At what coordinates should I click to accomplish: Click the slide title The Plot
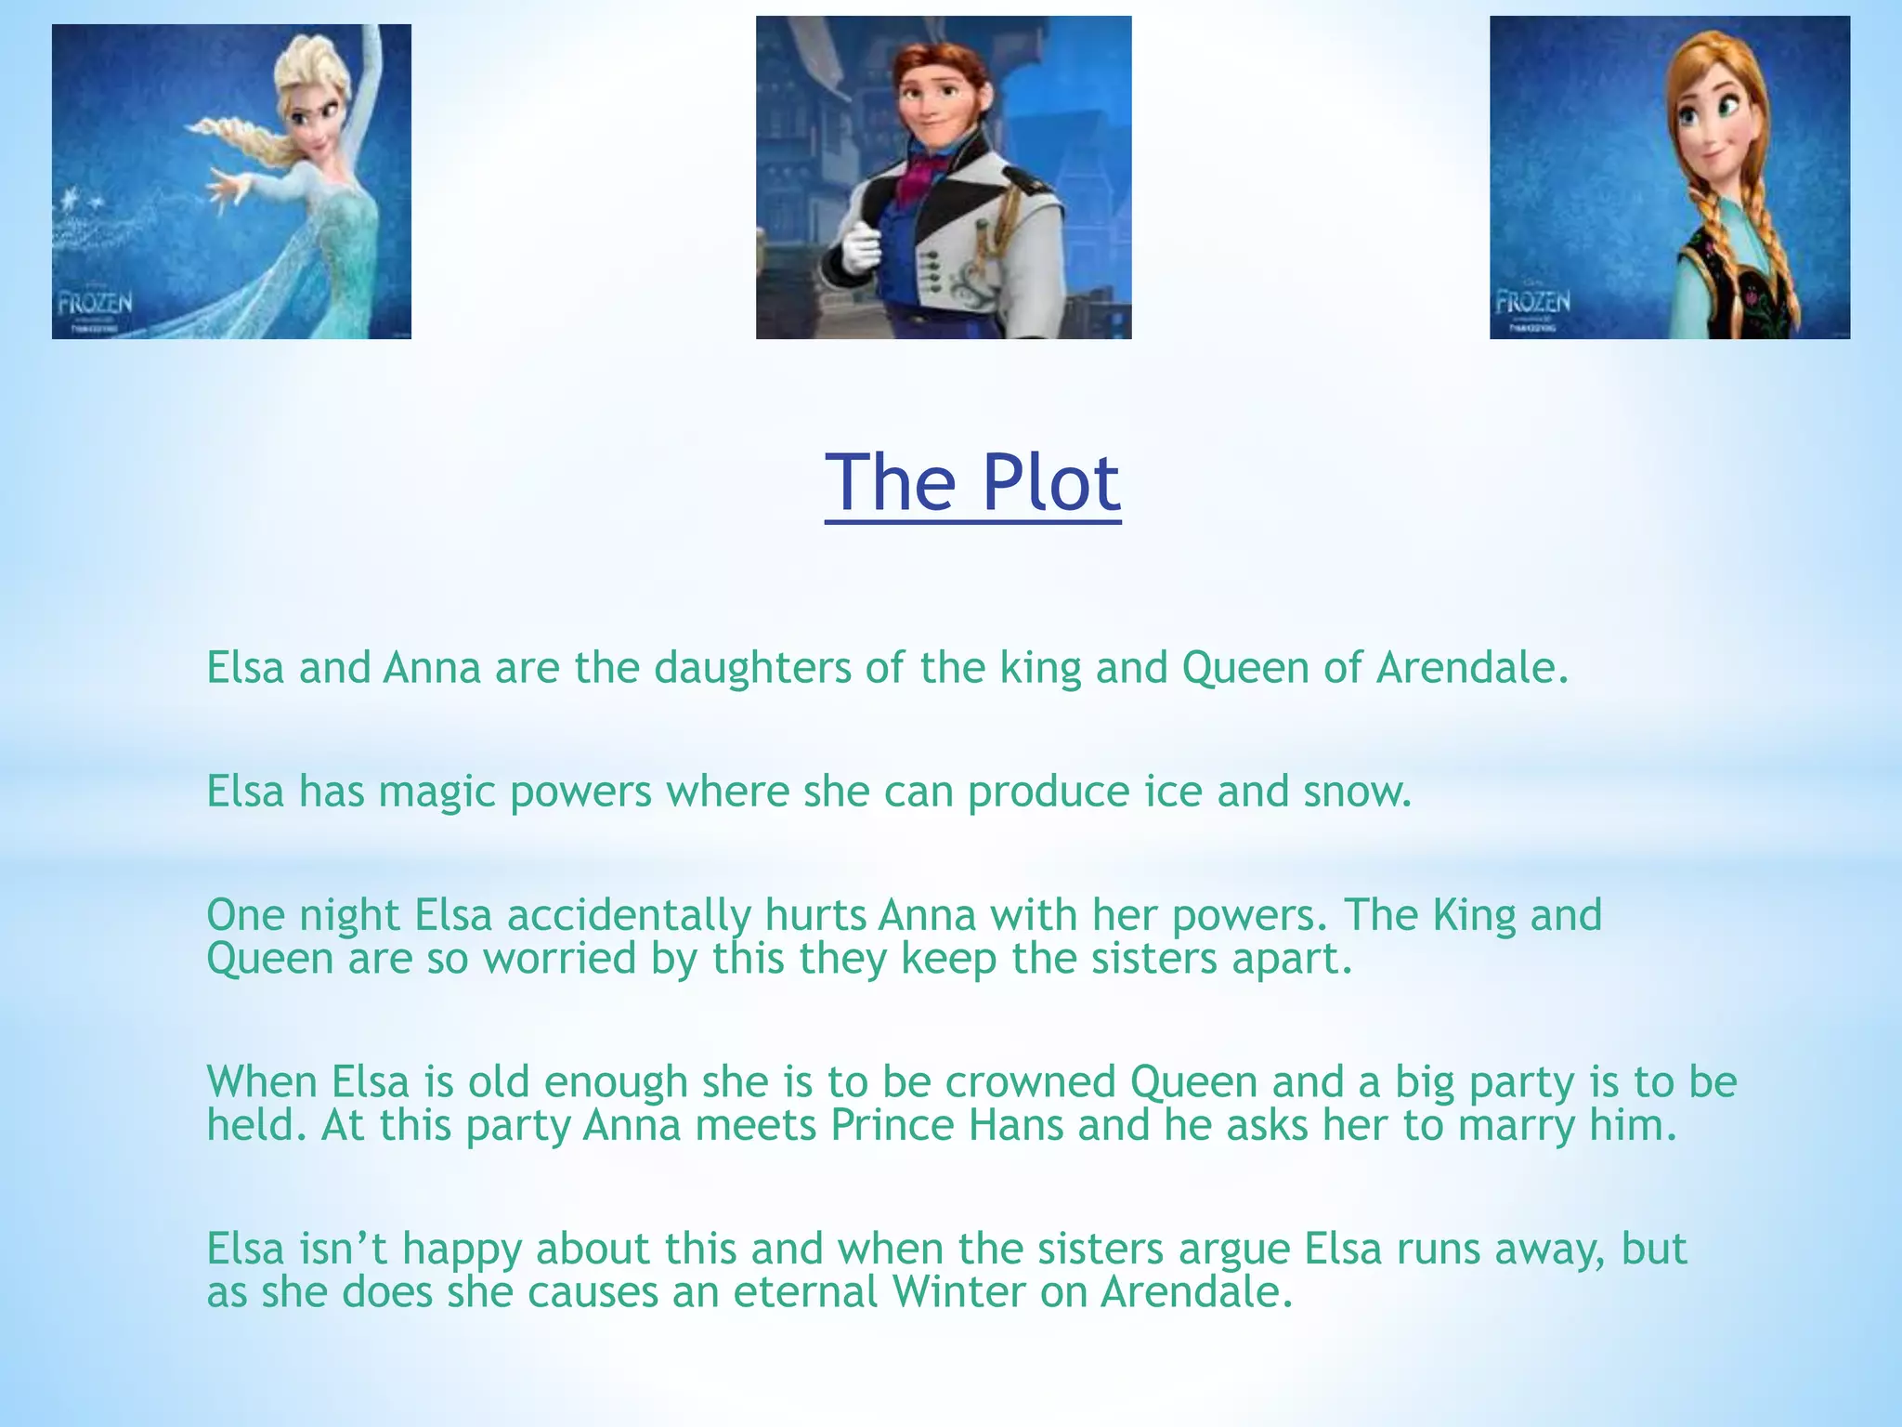pos(972,483)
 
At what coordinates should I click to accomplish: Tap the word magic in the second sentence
pos(436,792)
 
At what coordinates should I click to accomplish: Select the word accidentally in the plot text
pos(629,915)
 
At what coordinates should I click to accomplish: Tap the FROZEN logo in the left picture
pos(95,304)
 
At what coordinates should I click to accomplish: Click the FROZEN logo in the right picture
pos(1532,302)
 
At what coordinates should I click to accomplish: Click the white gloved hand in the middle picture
pos(861,246)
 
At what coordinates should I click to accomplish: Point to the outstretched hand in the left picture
pos(227,186)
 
